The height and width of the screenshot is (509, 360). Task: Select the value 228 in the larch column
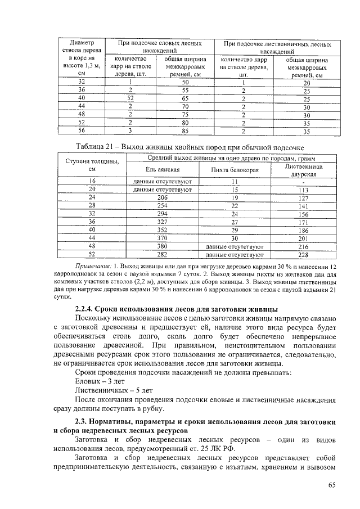[x=304, y=254]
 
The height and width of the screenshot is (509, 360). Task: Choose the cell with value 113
[x=304, y=190]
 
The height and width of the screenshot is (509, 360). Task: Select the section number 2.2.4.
[x=86, y=308]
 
